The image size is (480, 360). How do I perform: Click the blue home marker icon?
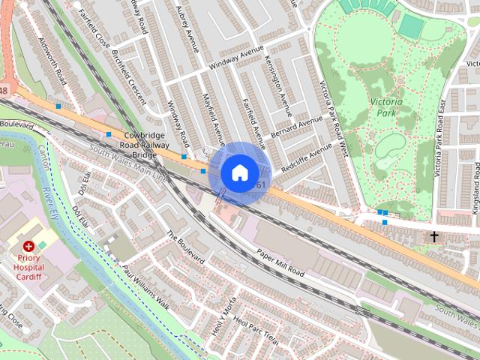[239, 173]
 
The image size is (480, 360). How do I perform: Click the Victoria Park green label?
[387, 107]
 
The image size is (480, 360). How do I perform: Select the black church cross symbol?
[433, 236]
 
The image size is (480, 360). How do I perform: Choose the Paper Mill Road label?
[280, 264]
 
